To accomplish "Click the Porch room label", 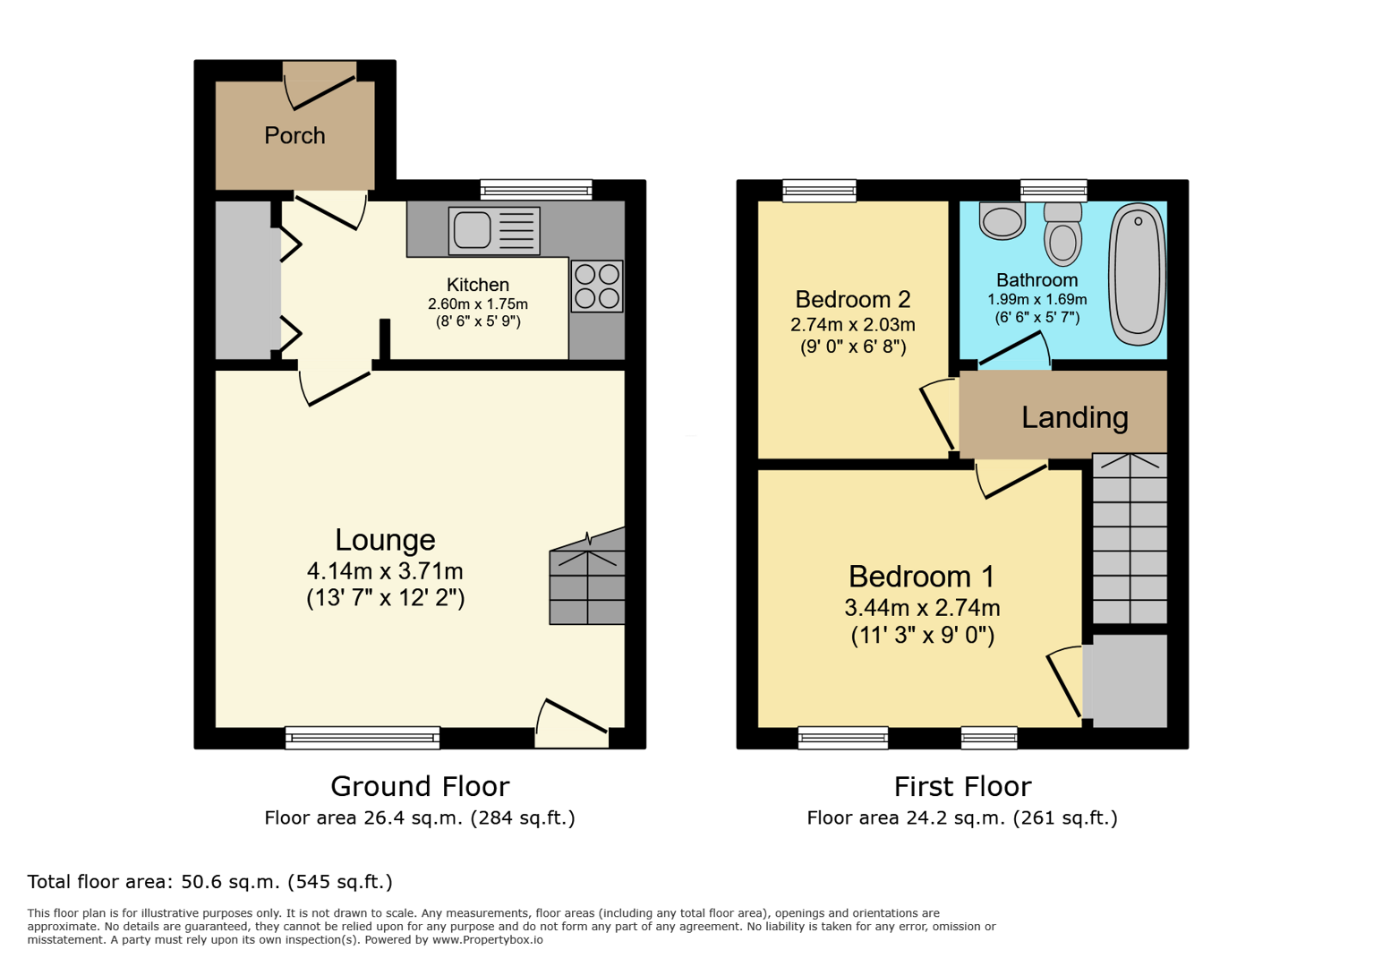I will (294, 136).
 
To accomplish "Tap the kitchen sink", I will (493, 231).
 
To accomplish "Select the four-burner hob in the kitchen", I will (597, 287).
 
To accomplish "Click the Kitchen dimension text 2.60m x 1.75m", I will (477, 304).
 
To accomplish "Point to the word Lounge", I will (385, 540).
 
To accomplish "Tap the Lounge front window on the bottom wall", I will (363, 738).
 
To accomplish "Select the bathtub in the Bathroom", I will (1137, 274).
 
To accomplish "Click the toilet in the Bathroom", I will (1062, 235).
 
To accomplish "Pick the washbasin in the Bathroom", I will (1002, 221).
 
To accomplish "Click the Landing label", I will (1074, 417).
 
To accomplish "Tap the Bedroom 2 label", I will (852, 299).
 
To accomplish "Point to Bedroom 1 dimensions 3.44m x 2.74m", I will (922, 608).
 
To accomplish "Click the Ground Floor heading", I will (420, 786).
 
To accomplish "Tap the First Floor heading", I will (962, 786).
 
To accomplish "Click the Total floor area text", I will (209, 882).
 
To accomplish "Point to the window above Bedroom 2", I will (819, 190).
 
